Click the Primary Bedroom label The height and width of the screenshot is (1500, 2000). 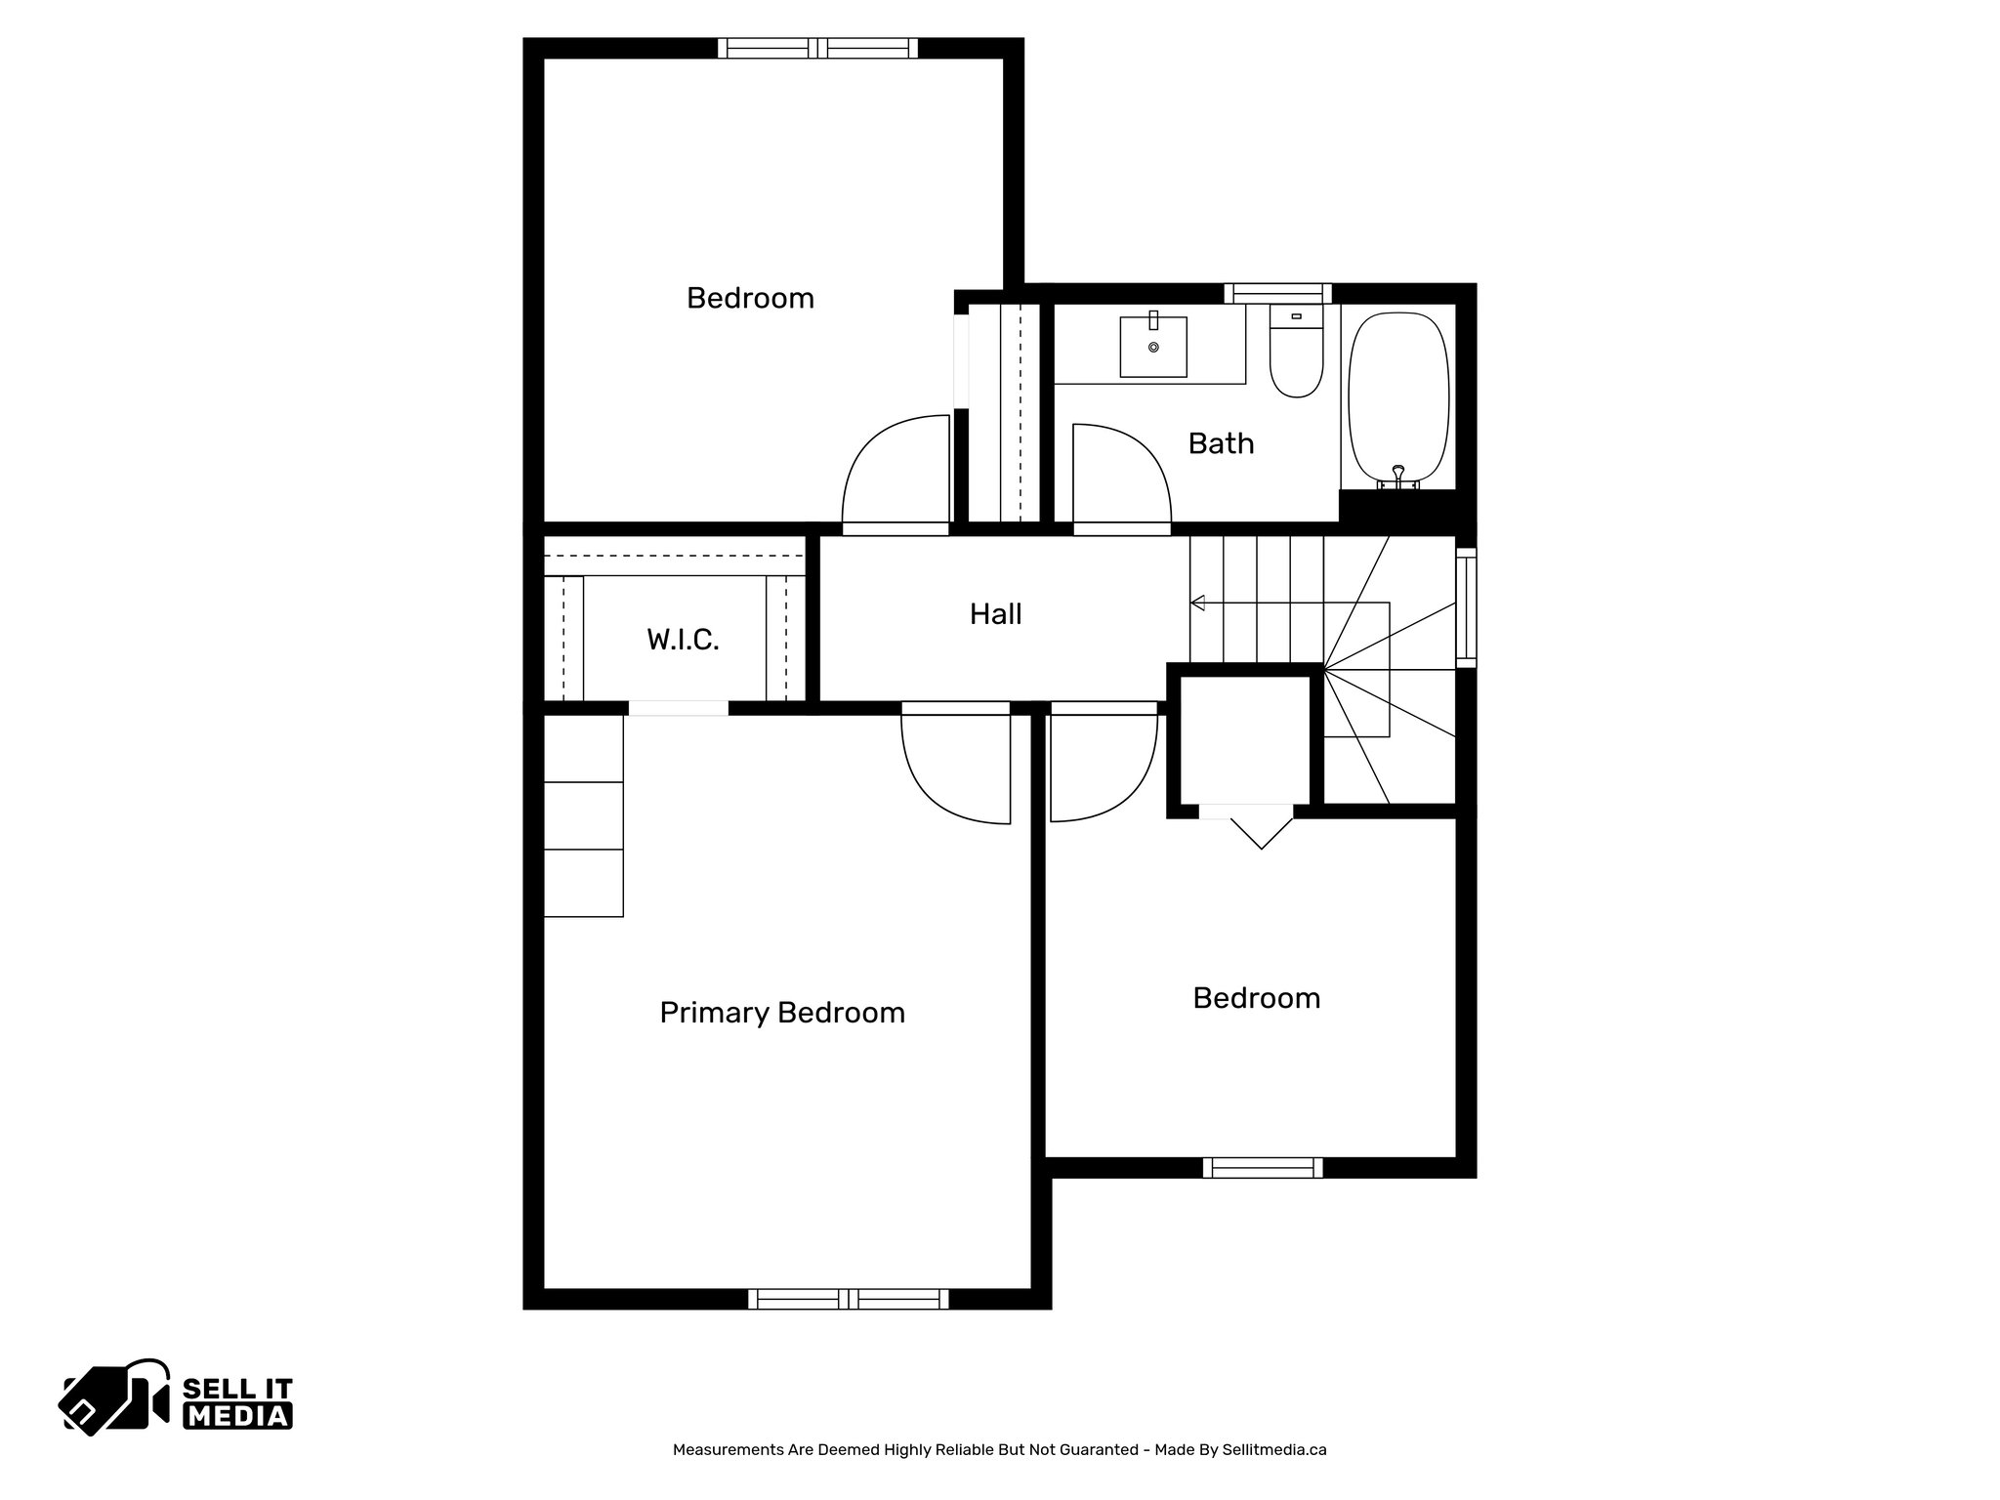pos(782,1013)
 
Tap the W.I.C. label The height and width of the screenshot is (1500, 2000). pos(683,641)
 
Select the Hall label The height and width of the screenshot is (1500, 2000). pos(995,614)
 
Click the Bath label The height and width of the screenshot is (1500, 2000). pos(1221,443)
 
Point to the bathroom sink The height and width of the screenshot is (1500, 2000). pos(1153,347)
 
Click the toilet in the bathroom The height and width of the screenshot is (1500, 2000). pos(1296,353)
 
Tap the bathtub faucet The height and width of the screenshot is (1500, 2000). pos(1398,477)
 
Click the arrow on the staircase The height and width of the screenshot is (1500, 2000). pos(1198,603)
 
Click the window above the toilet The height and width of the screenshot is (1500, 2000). pos(1277,293)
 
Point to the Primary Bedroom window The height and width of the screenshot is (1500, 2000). pos(848,1299)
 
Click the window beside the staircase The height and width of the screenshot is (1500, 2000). pos(1466,607)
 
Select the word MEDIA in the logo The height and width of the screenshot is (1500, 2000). pos(238,1416)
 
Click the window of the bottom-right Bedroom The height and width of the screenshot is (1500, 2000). pos(1263,1168)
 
